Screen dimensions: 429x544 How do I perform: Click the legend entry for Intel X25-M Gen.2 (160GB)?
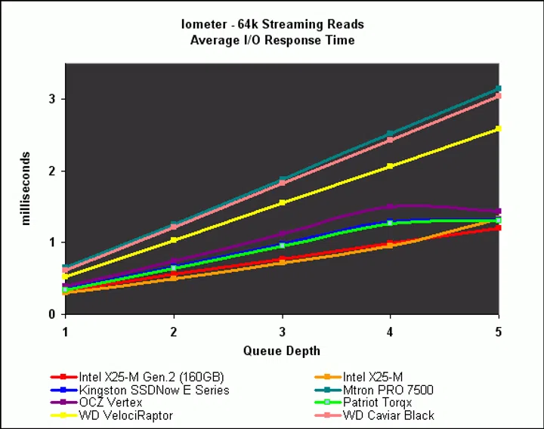point(151,377)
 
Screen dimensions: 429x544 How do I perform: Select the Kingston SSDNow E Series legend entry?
point(154,390)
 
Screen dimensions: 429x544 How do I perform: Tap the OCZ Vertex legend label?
point(110,403)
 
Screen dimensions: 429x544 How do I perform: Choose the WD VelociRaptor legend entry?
point(125,415)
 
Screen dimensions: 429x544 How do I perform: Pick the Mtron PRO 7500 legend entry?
point(388,390)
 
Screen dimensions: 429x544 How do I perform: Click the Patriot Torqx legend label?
point(379,403)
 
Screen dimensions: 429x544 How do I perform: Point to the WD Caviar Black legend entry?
point(388,415)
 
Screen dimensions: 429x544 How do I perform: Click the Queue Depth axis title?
point(281,350)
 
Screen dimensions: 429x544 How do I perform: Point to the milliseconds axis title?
point(26,188)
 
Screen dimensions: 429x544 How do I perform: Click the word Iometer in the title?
point(202,24)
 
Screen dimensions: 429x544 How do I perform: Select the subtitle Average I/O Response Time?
point(271,39)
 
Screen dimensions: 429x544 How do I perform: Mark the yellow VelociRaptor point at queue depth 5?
point(498,129)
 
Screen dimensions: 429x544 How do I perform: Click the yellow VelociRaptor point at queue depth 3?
point(282,202)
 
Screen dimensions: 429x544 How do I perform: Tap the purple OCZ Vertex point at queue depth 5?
point(498,211)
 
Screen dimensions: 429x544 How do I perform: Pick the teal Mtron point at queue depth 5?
point(498,89)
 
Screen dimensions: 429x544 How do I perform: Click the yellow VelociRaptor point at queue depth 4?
point(390,166)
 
